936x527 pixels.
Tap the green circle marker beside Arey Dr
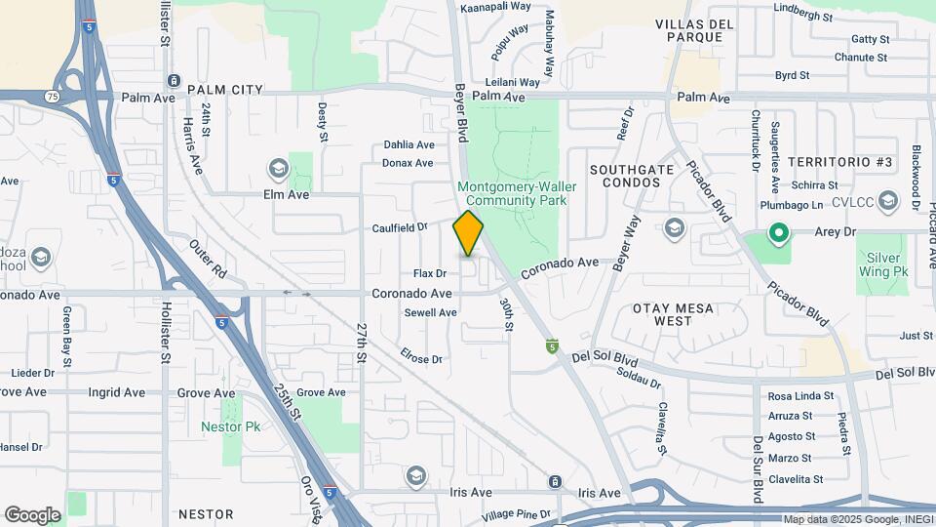[x=778, y=233]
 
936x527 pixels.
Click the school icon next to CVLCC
[x=887, y=202]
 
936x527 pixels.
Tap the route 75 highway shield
[x=51, y=97]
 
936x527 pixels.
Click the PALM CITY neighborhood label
[x=225, y=90]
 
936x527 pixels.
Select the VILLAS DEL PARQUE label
[x=689, y=30]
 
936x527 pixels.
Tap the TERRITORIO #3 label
[x=839, y=161]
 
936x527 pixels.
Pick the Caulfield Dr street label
[x=400, y=227]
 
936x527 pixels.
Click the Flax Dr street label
[x=429, y=273]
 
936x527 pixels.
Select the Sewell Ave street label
[x=430, y=312]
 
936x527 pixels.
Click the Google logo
[x=32, y=514]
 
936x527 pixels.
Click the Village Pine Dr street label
[x=517, y=514]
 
